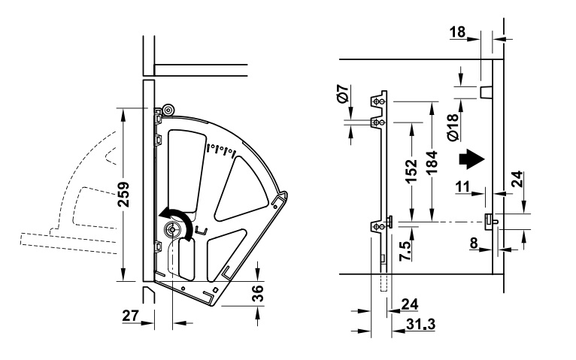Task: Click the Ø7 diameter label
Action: click(x=341, y=95)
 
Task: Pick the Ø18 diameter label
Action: click(x=451, y=128)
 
